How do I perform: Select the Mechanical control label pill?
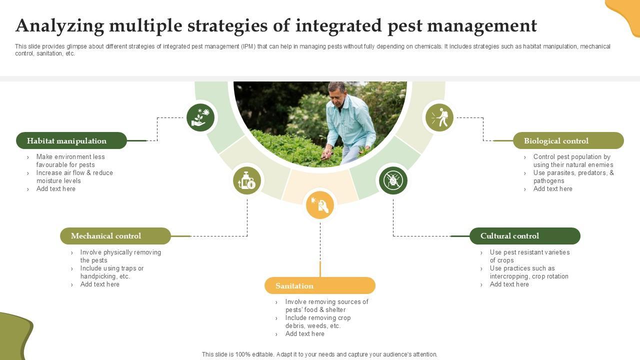pyautogui.click(x=115, y=236)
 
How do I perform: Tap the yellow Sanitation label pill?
pyautogui.click(x=320, y=286)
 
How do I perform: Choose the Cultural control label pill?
pyautogui.click(x=525, y=236)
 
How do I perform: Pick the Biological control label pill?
pyautogui.click(x=568, y=140)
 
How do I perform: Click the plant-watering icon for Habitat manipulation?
pyautogui.click(x=200, y=117)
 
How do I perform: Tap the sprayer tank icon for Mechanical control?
pyautogui.click(x=247, y=180)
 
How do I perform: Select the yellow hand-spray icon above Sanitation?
pyautogui.click(x=320, y=205)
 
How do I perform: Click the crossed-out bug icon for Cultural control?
pyautogui.click(x=393, y=180)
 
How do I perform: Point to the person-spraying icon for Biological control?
pyautogui.click(x=439, y=117)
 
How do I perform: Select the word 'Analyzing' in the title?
pyautogui.click(x=59, y=25)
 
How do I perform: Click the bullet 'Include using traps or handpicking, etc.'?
pyautogui.click(x=111, y=272)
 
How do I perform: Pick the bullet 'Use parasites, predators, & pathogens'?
pyautogui.click(x=573, y=176)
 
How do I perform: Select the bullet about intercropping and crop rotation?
pyautogui.click(x=528, y=272)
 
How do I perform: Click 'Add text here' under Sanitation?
pyautogui.click(x=304, y=333)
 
